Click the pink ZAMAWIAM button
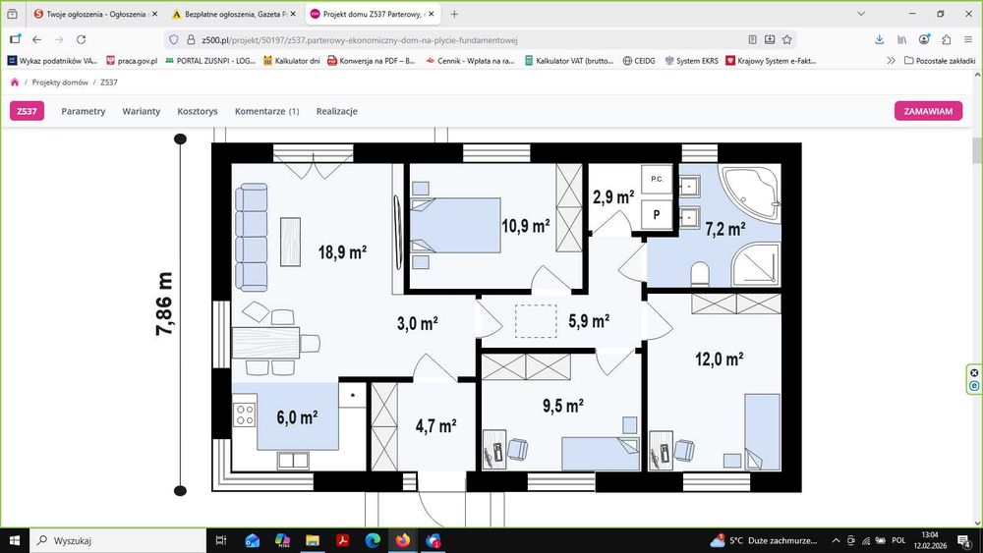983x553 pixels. coord(928,111)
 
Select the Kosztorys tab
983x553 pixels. coord(198,111)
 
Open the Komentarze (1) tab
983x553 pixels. coord(267,111)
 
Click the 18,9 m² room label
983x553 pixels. coord(342,251)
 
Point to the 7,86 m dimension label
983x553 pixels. coord(163,304)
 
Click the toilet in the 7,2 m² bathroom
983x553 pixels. coord(700,274)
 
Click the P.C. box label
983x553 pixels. coord(657,179)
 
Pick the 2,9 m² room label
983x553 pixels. coord(613,197)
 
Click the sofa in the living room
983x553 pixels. coord(252,238)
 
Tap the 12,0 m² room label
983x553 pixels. coord(720,359)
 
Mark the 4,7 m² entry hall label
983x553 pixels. coord(435,426)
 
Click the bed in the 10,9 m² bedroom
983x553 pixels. coord(455,226)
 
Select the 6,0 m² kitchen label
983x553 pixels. coord(297,417)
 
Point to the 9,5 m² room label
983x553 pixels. coord(563,406)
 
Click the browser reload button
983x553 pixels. coord(81,39)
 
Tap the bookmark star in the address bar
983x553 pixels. coord(786,39)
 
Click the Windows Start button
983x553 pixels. coord(15,540)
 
